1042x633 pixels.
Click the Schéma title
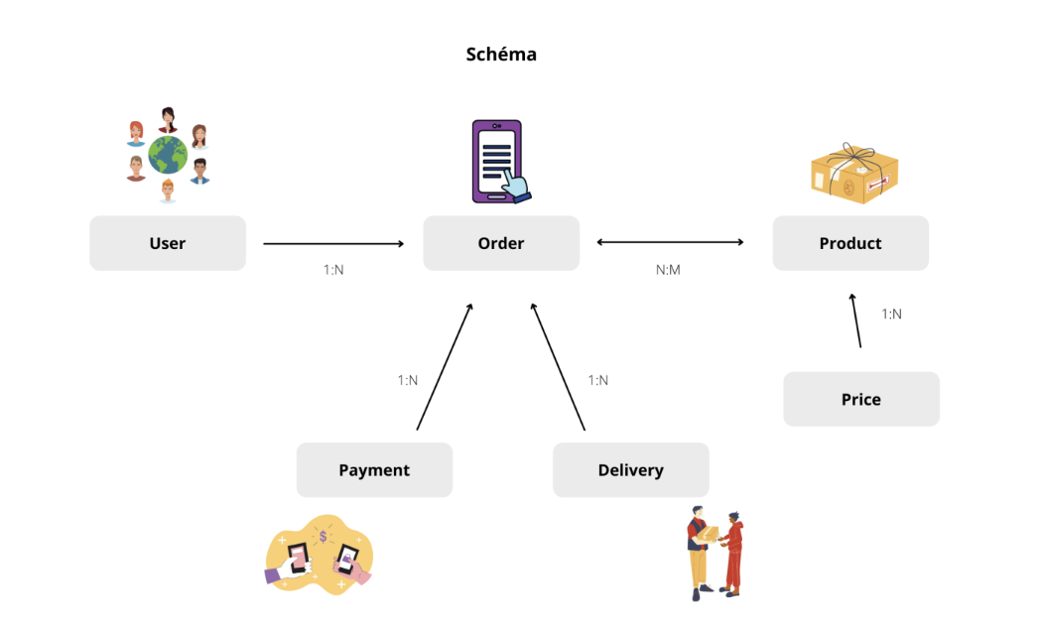click(501, 55)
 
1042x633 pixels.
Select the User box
click(168, 243)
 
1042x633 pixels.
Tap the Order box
click(501, 243)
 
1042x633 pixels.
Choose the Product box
click(850, 243)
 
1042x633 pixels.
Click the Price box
click(860, 399)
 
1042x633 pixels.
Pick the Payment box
click(374, 469)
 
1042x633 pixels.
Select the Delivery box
click(630, 469)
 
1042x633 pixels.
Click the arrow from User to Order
click(333, 243)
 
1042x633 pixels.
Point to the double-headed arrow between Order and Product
click(671, 242)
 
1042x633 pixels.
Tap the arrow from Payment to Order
click(444, 367)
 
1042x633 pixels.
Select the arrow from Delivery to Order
click(558, 367)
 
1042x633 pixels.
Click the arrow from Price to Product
click(855, 319)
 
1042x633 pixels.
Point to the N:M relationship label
click(668, 269)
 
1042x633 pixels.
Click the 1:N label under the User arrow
click(333, 269)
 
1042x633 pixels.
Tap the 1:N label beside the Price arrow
click(891, 314)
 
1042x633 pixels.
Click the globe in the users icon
click(167, 155)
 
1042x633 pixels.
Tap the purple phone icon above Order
click(497, 161)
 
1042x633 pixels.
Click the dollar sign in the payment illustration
click(323, 537)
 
